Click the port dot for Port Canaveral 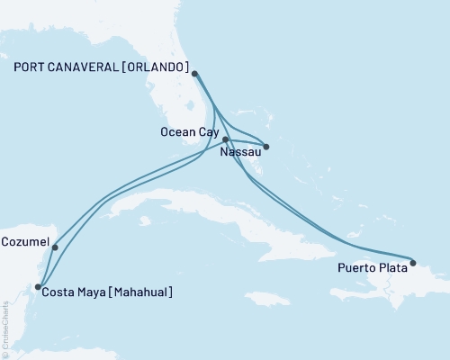pos(195,74)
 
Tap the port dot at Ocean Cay pos(226,139)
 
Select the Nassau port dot pos(265,147)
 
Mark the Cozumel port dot pos(55,247)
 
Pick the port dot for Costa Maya pos(37,287)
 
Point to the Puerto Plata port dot pos(413,264)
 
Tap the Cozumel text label pos(24,242)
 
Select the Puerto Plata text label pos(371,267)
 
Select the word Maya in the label pos(94,292)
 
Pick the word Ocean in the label pos(177,131)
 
